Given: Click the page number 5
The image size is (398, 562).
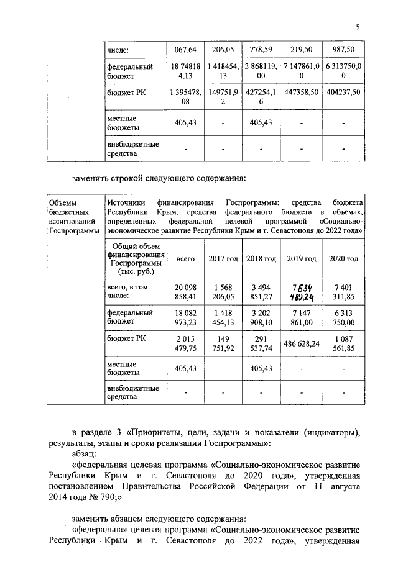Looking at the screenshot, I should point(358,26).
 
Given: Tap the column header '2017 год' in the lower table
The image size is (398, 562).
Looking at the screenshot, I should point(223,258).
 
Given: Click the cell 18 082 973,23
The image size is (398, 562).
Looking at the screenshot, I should point(186,318).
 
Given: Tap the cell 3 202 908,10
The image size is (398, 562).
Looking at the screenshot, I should point(261,318).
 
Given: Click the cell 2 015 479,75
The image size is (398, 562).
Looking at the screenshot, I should point(186,343).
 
